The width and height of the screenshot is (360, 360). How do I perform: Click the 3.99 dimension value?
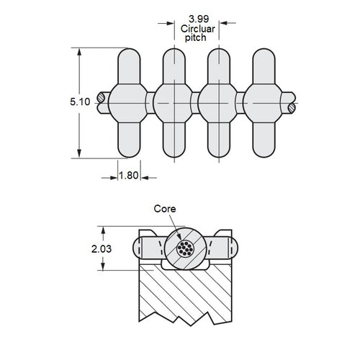(198, 16)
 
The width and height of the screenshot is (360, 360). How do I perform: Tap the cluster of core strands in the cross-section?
(185, 249)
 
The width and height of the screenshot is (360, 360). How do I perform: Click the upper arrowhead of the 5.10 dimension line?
(78, 53)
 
